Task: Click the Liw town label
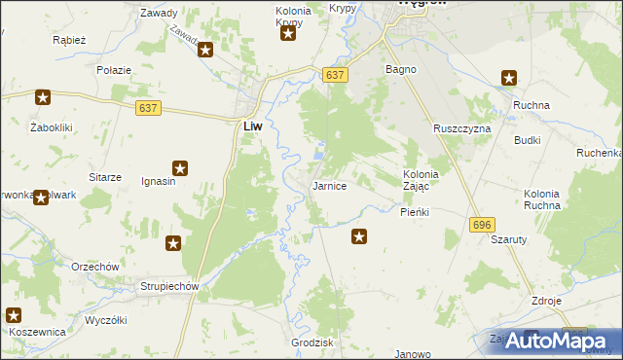tap(251, 126)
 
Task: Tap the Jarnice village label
tap(329, 186)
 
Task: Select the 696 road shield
tap(481, 225)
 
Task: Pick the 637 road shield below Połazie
tap(148, 107)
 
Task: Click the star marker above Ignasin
tap(180, 168)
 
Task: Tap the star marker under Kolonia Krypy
tap(288, 36)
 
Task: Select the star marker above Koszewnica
tap(14, 314)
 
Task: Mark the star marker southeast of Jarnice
tap(359, 234)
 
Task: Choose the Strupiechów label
tap(169, 286)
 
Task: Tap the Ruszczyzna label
tap(462, 128)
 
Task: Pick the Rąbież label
tap(71, 41)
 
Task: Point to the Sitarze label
tap(105, 177)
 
